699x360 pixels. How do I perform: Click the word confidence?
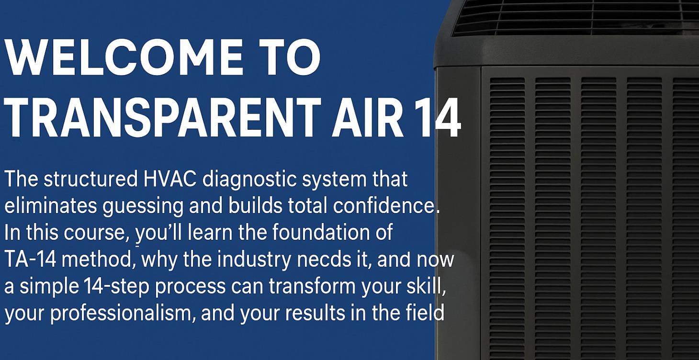click(x=385, y=206)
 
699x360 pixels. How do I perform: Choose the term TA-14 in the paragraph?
click(x=30, y=259)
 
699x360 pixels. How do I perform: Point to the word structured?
click(x=91, y=180)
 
